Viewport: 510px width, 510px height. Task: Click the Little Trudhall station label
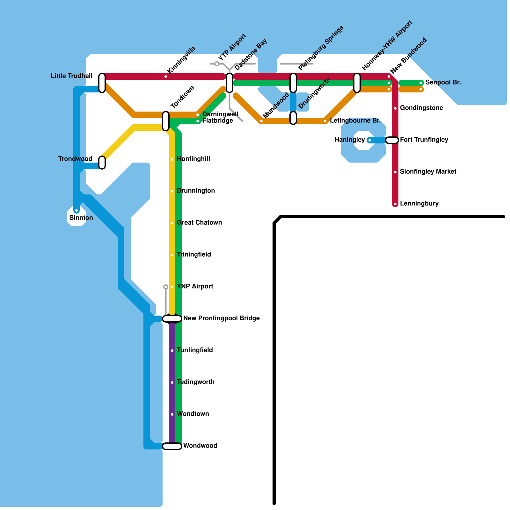point(72,76)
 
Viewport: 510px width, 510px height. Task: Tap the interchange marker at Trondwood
point(102,163)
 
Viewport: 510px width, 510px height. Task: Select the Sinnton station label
point(81,218)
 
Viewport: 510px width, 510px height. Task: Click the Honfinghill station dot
point(172,159)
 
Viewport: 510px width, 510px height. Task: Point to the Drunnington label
point(196,191)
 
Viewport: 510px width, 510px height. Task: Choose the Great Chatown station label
point(199,222)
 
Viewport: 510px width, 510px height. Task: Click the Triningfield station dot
point(172,255)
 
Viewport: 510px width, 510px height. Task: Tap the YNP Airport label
point(195,286)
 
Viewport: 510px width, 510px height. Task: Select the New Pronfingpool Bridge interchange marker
point(172,319)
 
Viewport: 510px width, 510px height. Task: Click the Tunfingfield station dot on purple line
point(172,351)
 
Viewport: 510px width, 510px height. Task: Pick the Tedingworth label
point(195,382)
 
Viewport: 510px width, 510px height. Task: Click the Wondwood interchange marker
point(172,446)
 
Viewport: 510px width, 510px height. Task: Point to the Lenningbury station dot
point(395,204)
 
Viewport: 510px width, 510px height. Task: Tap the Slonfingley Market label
point(428,171)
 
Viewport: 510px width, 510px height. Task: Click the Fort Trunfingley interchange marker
point(392,140)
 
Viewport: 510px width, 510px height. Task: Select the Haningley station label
point(350,140)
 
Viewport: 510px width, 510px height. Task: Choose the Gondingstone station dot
point(395,108)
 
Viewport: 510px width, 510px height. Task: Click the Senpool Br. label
point(443,82)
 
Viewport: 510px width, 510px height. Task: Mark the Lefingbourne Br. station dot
point(325,121)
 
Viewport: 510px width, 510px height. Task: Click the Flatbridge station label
point(218,120)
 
